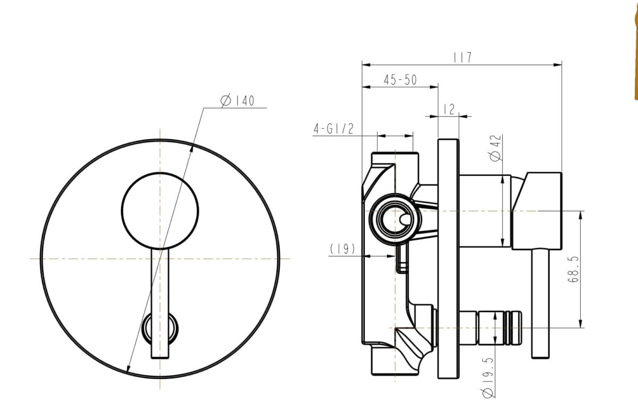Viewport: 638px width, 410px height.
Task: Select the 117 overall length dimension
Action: [463, 57]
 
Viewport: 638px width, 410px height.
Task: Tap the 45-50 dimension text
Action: [400, 80]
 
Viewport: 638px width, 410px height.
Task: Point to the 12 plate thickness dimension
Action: [448, 109]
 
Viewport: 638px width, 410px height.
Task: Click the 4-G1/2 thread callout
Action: [333, 129]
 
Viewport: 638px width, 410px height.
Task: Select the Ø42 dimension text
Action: [496, 148]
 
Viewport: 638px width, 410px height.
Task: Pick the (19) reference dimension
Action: [342, 249]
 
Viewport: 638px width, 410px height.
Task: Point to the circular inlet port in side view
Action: [395, 218]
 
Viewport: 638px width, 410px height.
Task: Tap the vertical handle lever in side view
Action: [539, 303]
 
